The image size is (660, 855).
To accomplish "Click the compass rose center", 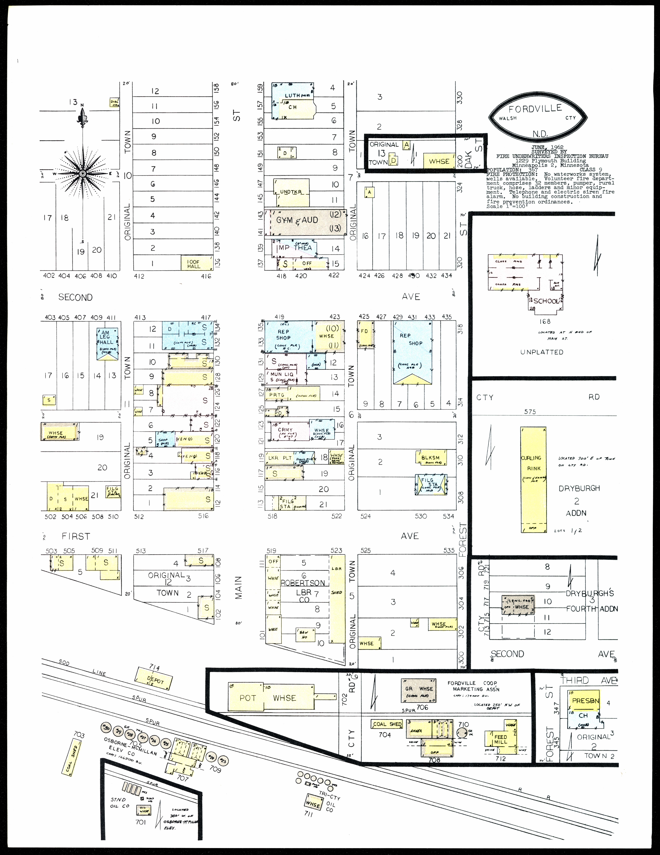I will click(x=83, y=173).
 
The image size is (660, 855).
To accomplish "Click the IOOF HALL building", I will click(x=197, y=263).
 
